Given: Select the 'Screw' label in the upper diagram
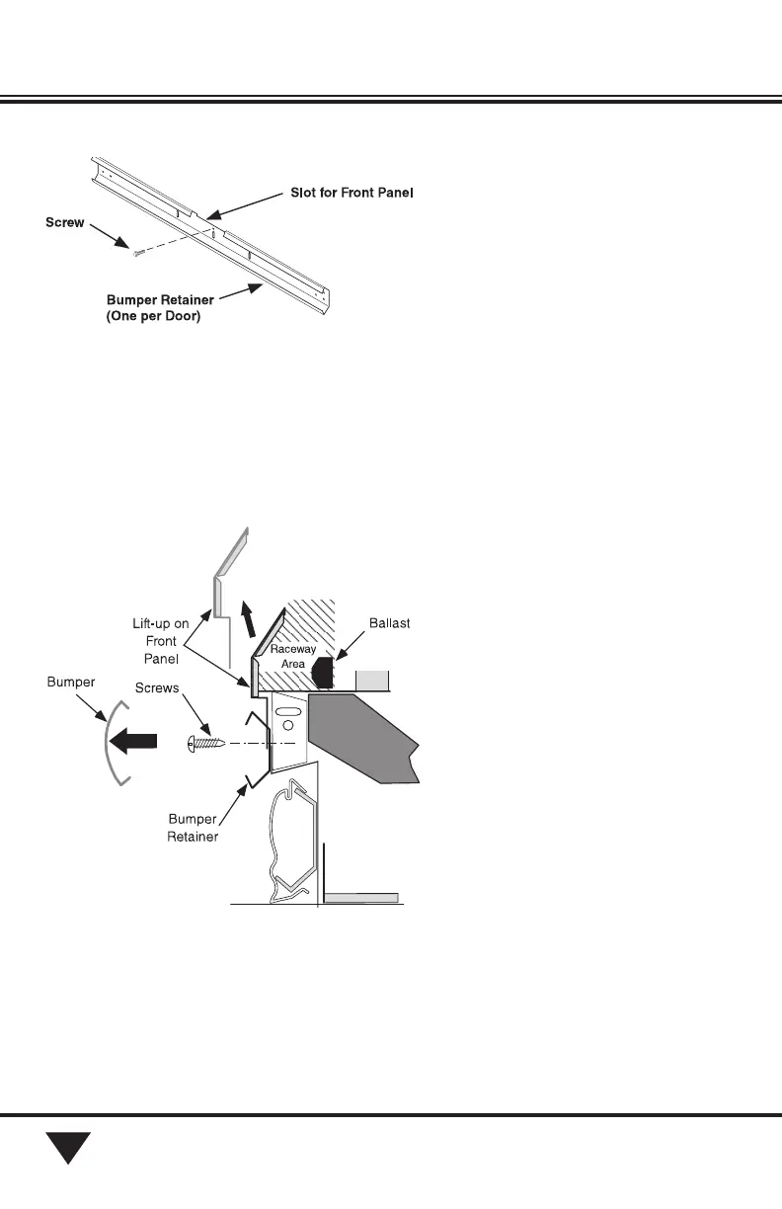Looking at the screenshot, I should pos(65,223).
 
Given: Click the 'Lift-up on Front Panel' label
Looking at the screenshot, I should pos(161,639).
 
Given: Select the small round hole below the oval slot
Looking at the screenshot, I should pos(289,726).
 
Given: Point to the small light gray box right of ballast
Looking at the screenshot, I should pos(373,681).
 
